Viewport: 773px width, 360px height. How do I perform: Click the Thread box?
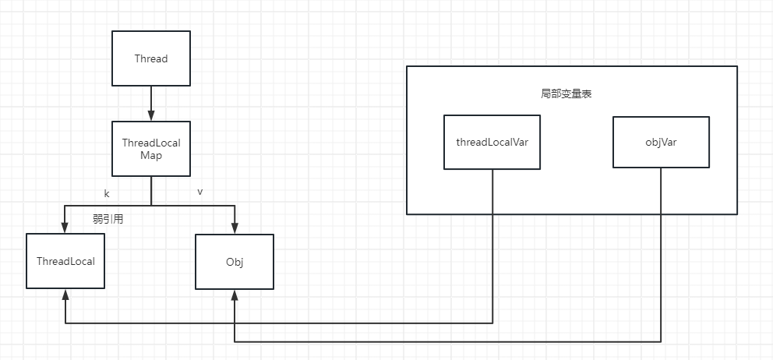point(151,58)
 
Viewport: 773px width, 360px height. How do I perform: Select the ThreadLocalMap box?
point(151,148)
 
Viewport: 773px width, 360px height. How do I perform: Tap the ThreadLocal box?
point(65,261)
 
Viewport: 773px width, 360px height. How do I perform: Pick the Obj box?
point(235,261)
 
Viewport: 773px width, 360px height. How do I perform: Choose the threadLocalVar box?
point(492,142)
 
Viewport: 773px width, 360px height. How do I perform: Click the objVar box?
point(661,142)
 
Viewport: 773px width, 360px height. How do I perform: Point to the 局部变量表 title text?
point(566,95)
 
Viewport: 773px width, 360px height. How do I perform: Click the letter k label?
point(107,194)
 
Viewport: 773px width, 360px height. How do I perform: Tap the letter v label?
point(199,192)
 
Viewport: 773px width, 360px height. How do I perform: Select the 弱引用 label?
point(108,220)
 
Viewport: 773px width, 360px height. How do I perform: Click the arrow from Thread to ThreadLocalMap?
point(151,103)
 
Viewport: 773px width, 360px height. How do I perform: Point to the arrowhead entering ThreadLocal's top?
point(65,228)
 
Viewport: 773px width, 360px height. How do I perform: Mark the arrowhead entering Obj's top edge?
point(235,228)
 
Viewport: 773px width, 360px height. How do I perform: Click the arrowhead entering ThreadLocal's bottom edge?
point(65,295)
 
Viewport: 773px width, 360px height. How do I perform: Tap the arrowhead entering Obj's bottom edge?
point(235,295)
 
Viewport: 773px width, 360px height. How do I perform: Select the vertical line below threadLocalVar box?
point(492,246)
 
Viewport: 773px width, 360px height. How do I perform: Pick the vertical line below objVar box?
point(661,255)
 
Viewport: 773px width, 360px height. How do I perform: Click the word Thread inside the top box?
point(151,58)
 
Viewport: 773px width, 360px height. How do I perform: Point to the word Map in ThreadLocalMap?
point(151,155)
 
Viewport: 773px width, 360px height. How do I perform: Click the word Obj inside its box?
point(235,262)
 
